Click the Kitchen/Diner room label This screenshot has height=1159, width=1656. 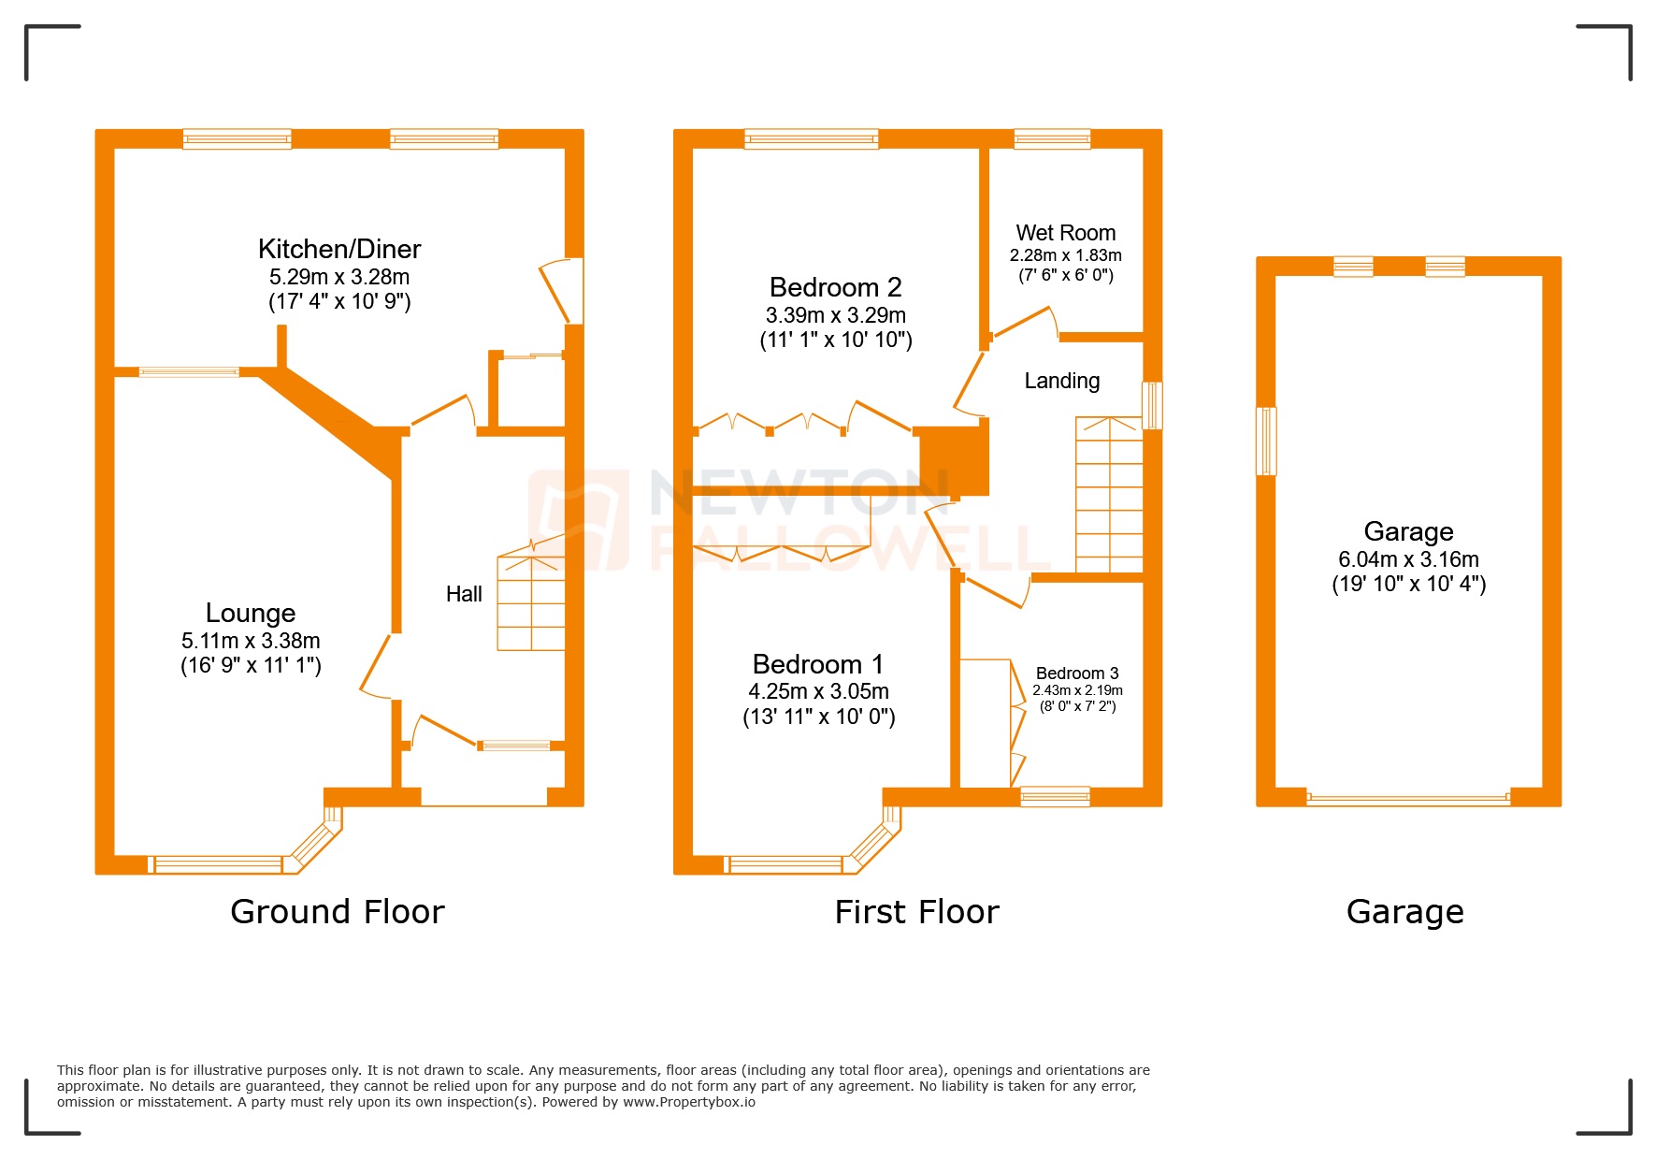coord(338,249)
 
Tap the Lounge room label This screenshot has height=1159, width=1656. coord(251,613)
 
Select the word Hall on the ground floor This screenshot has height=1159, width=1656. coord(464,594)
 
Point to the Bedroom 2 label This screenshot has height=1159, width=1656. coord(835,287)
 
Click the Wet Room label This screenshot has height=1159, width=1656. coord(1065,233)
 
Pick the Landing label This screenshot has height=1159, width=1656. coord(1061,381)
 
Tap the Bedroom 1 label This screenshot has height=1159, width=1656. coord(818,664)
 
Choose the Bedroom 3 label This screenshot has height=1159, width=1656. coord(1076,674)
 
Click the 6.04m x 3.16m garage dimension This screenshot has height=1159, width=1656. coord(1408,559)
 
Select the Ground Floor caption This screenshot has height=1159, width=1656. coord(338,911)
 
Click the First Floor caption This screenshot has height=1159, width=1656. coord(916,911)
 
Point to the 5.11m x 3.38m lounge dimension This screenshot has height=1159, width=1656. coord(251,641)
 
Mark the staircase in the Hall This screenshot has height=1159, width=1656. coord(531,603)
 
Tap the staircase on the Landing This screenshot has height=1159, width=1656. coord(1109,496)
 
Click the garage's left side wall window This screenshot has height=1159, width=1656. coord(1266,442)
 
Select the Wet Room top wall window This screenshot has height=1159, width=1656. coord(1052,139)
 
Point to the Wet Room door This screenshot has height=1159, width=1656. coord(1026,324)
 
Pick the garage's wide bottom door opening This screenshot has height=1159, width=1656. coord(1407,798)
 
